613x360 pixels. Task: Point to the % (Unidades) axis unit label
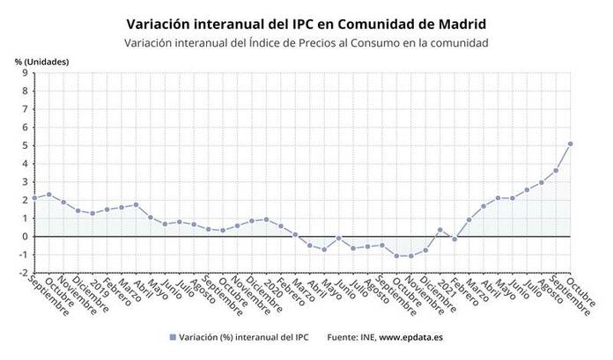point(41,60)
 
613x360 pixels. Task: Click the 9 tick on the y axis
point(24,73)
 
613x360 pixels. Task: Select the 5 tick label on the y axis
point(24,145)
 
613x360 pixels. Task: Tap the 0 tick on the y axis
point(24,237)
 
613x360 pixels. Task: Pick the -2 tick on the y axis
point(22,273)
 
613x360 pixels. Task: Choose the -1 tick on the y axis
point(22,255)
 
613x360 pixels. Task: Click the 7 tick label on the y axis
point(24,109)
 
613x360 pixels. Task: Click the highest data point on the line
point(571,143)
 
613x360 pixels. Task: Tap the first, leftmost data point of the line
point(34,198)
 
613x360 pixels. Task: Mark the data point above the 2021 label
point(440,230)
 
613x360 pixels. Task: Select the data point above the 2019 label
point(92,213)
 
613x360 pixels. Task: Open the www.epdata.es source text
point(411,337)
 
